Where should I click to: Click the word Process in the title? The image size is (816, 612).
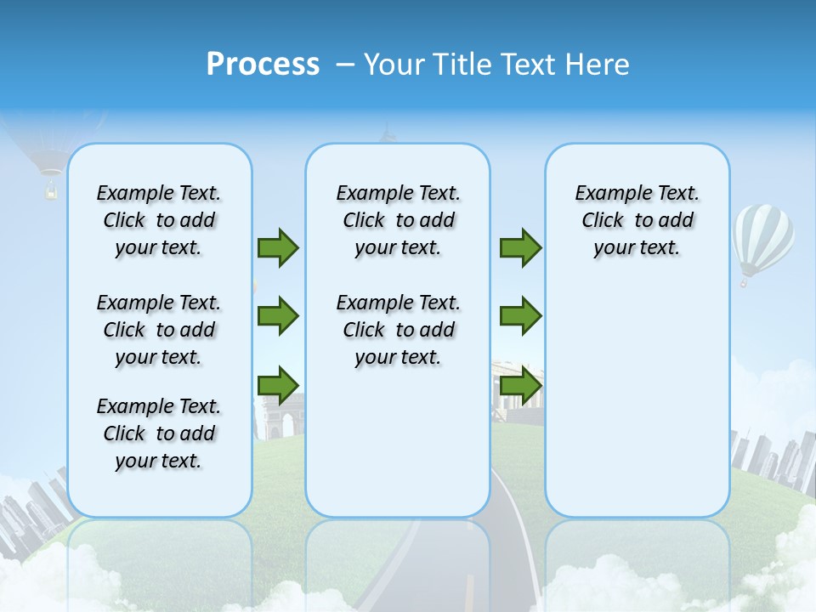(263, 65)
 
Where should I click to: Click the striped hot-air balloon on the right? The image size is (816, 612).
(762, 240)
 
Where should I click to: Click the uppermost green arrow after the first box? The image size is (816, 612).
(278, 247)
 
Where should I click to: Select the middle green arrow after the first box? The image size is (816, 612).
(278, 316)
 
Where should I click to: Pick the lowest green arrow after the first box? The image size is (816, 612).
(278, 385)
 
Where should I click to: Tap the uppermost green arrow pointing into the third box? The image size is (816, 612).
(520, 247)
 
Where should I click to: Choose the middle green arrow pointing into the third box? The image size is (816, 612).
(520, 316)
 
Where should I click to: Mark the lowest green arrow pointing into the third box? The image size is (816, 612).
(520, 385)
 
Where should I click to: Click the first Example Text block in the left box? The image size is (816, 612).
(159, 220)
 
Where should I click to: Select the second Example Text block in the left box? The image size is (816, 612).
(159, 330)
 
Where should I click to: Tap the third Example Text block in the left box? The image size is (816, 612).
(159, 433)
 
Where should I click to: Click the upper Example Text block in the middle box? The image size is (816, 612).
(398, 220)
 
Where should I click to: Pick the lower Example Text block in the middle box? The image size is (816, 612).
(398, 330)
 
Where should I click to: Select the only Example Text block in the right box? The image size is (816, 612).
(637, 220)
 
